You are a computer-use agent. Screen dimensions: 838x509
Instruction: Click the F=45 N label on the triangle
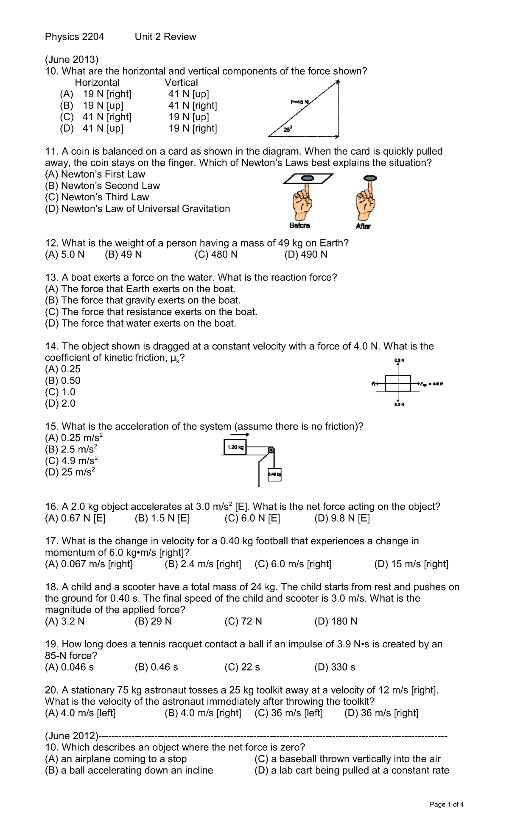299,102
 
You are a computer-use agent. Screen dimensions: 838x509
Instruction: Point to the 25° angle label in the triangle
288,130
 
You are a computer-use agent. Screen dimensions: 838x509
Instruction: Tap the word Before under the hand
299,226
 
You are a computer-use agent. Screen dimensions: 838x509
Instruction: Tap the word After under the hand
363,227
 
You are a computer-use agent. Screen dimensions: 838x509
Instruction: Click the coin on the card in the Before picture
307,178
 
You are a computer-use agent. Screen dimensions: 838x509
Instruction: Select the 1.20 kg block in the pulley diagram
235,447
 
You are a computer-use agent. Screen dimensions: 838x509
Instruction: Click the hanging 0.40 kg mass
274,474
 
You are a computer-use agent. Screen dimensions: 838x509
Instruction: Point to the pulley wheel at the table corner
271,450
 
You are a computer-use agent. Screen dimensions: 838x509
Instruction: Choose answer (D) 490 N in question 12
306,255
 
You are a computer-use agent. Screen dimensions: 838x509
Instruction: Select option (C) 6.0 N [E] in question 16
252,518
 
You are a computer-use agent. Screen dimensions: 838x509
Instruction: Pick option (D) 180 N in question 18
336,621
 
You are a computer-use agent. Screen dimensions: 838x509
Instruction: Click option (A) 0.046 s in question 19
69,667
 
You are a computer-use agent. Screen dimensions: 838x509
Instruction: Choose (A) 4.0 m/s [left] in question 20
80,713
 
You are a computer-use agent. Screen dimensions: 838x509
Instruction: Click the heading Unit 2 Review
165,37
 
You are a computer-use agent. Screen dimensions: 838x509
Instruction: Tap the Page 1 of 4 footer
446,804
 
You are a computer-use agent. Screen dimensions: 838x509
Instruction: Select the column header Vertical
181,83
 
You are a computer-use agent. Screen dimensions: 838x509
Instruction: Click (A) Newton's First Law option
95,174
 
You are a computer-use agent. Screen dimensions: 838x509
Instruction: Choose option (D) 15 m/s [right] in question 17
411,564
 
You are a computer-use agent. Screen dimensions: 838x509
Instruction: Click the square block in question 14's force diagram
398,383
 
